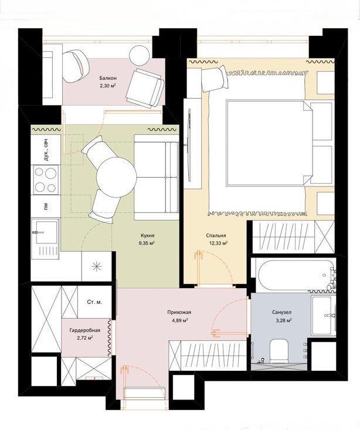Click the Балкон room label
(108, 78)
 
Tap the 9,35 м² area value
(147, 242)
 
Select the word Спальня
(216, 235)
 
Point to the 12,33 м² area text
(218, 243)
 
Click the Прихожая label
(179, 312)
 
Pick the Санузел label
(281, 312)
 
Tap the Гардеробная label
(84, 330)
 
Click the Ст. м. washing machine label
(94, 302)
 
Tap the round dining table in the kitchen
(117, 177)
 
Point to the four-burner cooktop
(46, 180)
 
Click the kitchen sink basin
(46, 232)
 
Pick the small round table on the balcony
(140, 55)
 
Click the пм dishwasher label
(46, 205)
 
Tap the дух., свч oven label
(46, 150)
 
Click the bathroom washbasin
(324, 315)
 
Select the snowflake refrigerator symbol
(97, 266)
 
